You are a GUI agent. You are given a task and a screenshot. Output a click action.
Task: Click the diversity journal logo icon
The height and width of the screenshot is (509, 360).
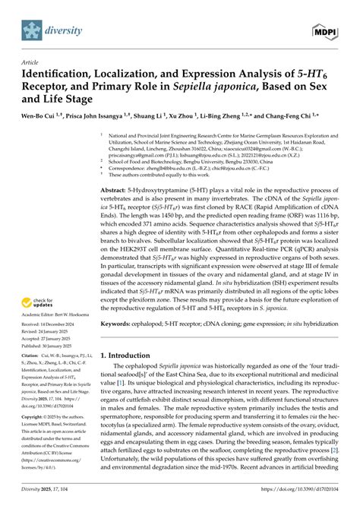point(32,32)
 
